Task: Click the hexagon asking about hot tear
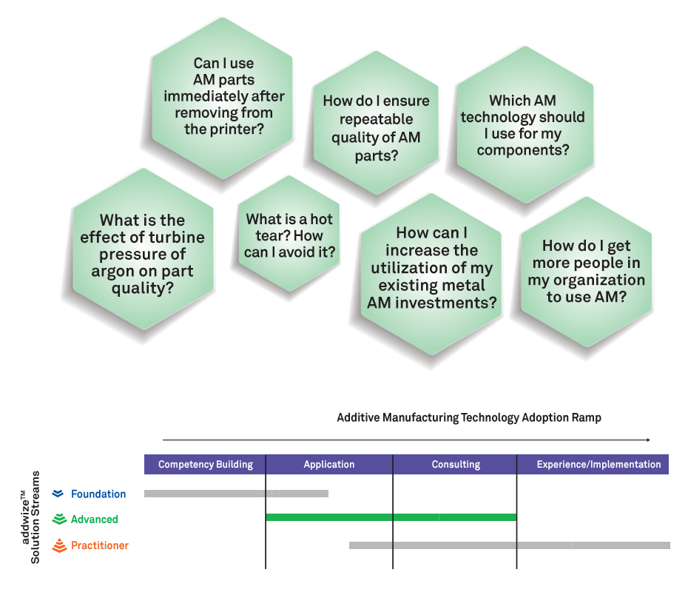(x=289, y=234)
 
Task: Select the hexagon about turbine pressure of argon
(x=143, y=249)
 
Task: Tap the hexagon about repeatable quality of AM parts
(x=376, y=123)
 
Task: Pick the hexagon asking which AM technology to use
(x=525, y=125)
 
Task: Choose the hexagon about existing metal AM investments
(x=431, y=275)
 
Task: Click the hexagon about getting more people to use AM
(x=586, y=272)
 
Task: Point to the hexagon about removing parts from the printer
(x=223, y=98)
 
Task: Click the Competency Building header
(x=205, y=464)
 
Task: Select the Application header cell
(x=329, y=464)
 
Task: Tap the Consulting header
(x=455, y=464)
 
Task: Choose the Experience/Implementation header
(x=593, y=464)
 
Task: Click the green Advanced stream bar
(x=391, y=517)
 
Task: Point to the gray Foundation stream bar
(x=236, y=494)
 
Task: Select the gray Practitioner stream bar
(x=510, y=545)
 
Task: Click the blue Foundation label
(x=98, y=494)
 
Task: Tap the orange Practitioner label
(x=100, y=545)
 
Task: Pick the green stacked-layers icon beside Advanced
(x=59, y=519)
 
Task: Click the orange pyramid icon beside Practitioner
(x=59, y=545)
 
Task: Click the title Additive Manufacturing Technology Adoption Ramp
(x=469, y=417)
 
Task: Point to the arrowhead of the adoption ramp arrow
(x=648, y=440)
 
